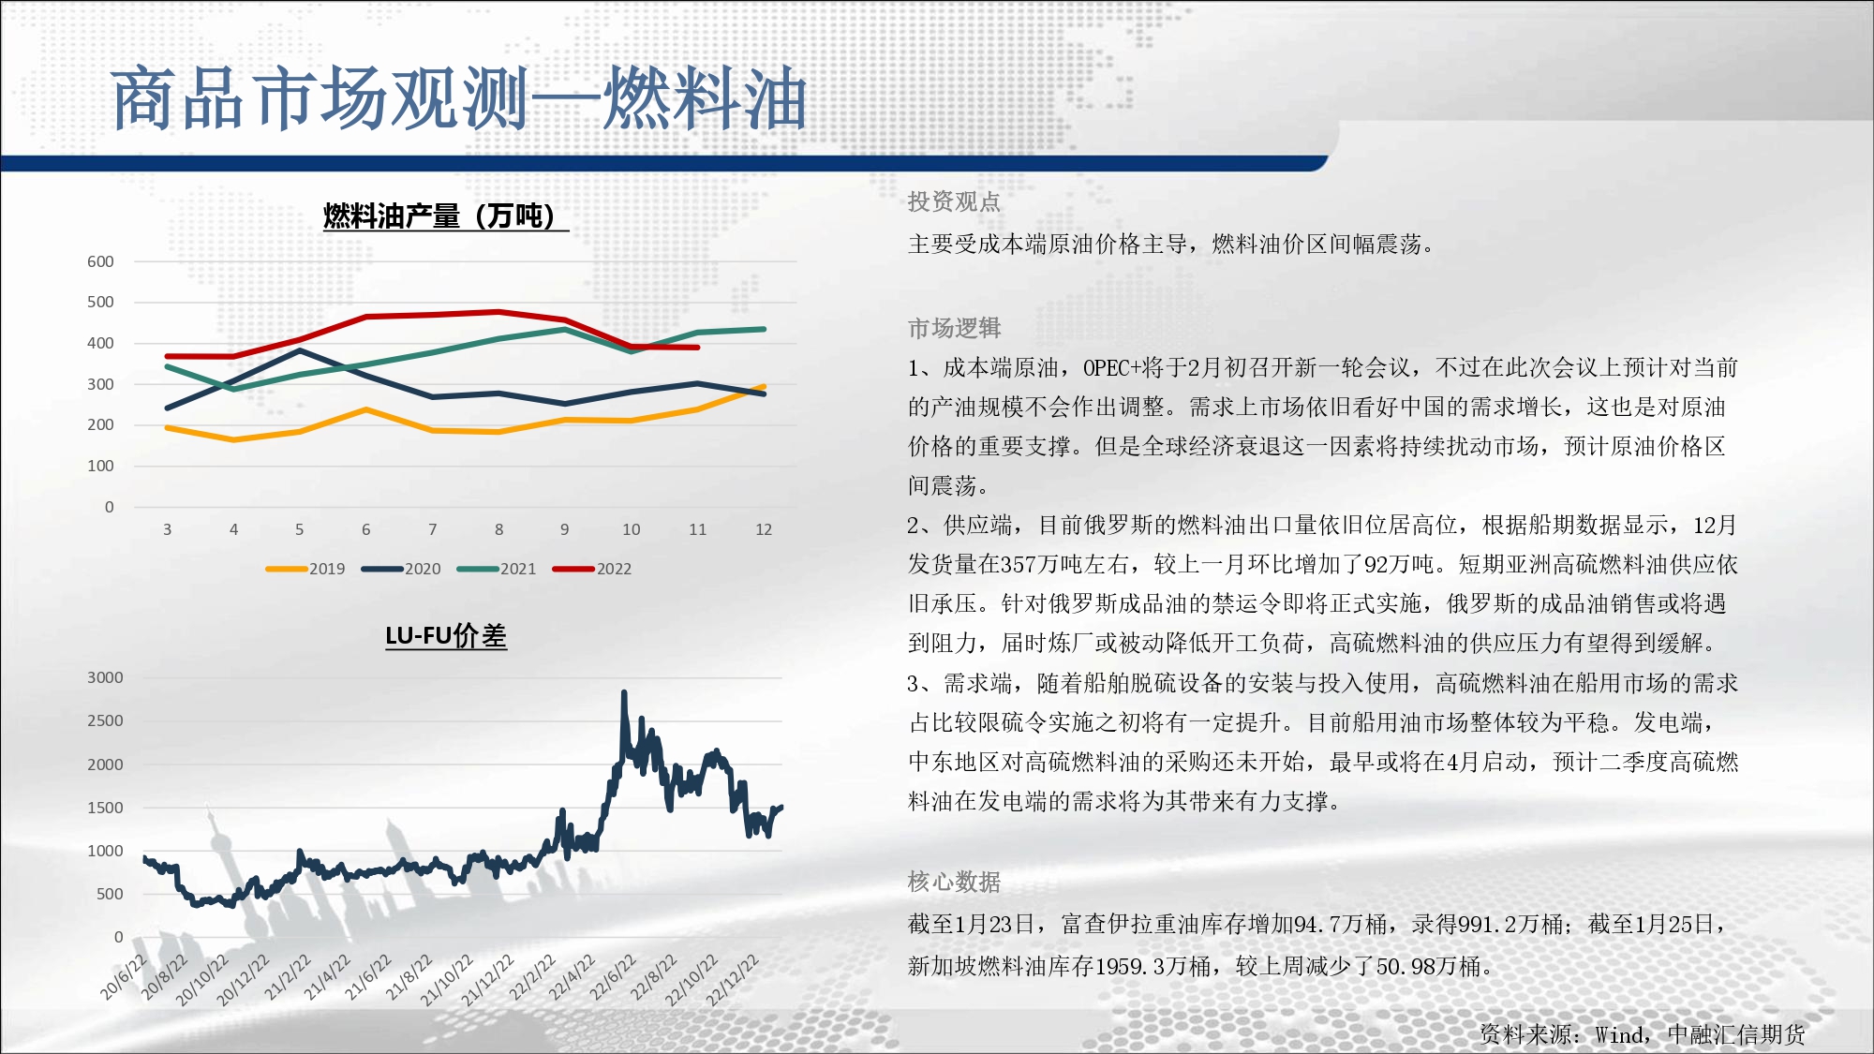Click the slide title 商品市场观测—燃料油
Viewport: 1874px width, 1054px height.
[x=459, y=98]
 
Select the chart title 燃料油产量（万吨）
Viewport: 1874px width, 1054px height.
[x=445, y=216]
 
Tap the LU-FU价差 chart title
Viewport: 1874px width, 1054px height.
[x=446, y=636]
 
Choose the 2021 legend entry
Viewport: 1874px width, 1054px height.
[x=497, y=569]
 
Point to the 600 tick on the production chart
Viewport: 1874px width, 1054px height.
[x=100, y=261]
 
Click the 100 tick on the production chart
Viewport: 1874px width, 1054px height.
[x=100, y=466]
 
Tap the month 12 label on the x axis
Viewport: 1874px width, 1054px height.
[x=764, y=529]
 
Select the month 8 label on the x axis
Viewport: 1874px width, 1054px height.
[x=499, y=529]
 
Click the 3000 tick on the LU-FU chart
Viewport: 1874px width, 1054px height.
[x=105, y=677]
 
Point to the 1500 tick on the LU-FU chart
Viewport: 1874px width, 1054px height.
[x=105, y=808]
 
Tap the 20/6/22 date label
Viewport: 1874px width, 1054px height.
[x=124, y=977]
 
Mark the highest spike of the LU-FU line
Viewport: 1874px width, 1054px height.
[x=624, y=692]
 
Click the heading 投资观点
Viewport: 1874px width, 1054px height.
[x=954, y=201]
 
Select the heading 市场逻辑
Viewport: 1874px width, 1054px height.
[x=954, y=328]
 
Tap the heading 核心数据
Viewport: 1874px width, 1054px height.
[x=954, y=882]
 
